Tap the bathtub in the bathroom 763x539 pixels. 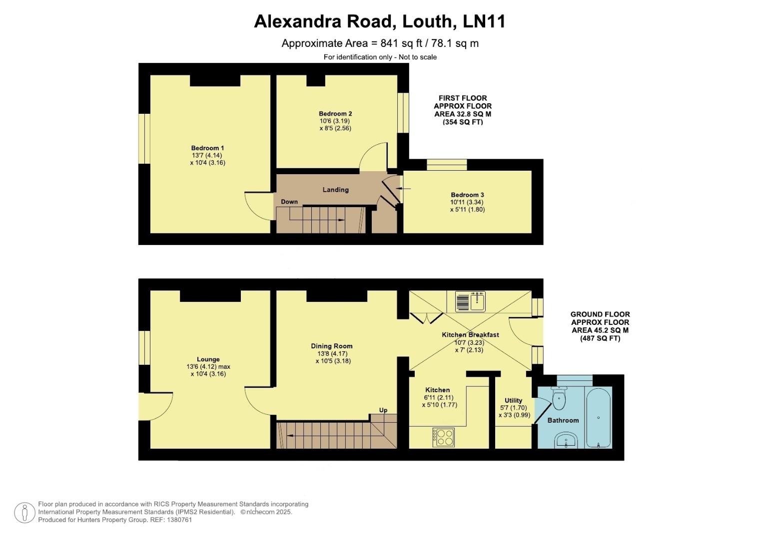598,417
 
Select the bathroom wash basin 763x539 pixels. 566,440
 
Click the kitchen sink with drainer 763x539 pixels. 470,301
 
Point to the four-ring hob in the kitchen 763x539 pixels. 444,438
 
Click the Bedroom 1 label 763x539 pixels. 207,148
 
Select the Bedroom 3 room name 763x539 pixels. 467,195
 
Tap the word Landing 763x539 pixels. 335,190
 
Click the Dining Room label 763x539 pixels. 331,346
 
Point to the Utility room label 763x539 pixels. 513,400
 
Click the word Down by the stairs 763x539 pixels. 289,202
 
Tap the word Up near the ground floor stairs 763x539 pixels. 383,410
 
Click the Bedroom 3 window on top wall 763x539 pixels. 447,165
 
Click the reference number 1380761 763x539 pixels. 178,520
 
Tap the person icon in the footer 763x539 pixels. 24,513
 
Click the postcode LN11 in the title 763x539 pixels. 484,21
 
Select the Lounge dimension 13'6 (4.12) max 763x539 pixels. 208,366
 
